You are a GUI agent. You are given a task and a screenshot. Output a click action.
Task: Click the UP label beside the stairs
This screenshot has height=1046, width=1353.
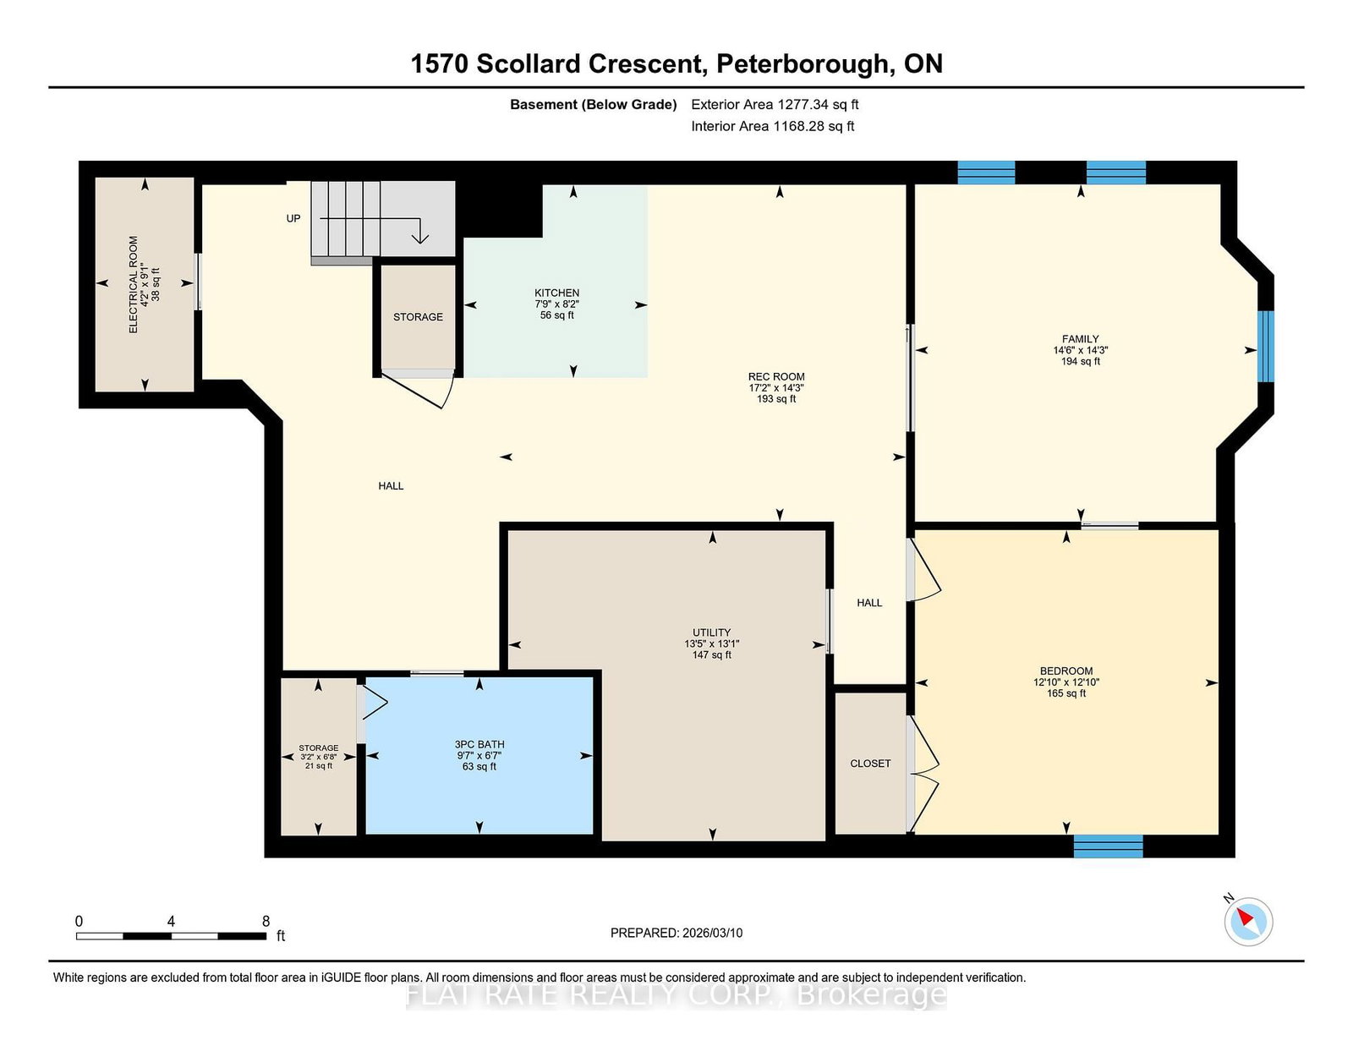click(293, 218)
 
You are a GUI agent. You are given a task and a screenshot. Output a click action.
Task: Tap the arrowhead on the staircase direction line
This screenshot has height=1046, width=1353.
click(420, 238)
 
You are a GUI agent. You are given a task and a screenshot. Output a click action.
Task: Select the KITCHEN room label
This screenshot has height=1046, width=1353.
click(556, 293)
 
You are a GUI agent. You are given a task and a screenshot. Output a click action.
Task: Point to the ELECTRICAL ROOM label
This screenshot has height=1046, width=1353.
click(134, 284)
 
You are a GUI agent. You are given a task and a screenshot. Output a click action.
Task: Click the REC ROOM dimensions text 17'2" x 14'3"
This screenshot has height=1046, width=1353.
click(775, 387)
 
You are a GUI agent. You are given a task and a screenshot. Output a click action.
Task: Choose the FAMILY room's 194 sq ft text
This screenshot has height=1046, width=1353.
click(1080, 361)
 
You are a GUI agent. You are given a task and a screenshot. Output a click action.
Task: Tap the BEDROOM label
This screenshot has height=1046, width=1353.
click(1066, 671)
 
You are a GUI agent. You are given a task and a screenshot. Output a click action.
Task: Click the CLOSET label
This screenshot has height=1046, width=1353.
click(870, 764)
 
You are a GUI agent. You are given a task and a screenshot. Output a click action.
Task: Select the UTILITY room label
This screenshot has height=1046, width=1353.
click(711, 632)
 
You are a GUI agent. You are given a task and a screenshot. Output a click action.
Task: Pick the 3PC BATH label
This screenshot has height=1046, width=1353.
click(479, 744)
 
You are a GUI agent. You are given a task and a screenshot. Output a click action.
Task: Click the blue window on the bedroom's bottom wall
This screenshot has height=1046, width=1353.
click(1109, 846)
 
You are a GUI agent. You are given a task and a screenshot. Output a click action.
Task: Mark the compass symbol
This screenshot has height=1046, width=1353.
click(1248, 922)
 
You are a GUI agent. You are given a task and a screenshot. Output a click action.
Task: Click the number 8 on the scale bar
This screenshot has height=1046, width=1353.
click(266, 921)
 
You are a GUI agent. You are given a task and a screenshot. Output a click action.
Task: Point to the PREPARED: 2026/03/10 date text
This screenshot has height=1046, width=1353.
click(676, 933)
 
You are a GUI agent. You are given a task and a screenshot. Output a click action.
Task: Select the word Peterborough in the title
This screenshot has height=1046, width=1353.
click(802, 64)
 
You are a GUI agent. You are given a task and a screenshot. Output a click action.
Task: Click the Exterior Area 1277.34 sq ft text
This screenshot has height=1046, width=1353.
click(775, 105)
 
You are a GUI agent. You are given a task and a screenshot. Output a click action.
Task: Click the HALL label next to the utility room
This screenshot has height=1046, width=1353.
click(869, 603)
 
